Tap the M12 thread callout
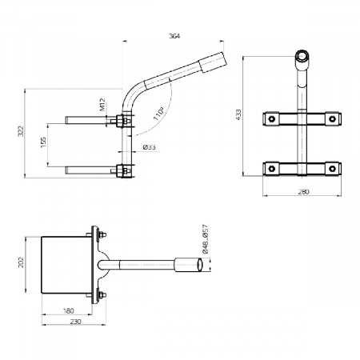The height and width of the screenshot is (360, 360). (102, 106)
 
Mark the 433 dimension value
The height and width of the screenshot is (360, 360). (238, 115)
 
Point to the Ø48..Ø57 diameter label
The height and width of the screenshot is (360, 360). (206, 240)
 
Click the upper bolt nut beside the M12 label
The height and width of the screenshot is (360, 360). (122, 122)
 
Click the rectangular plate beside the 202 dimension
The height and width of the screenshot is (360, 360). (68, 265)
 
